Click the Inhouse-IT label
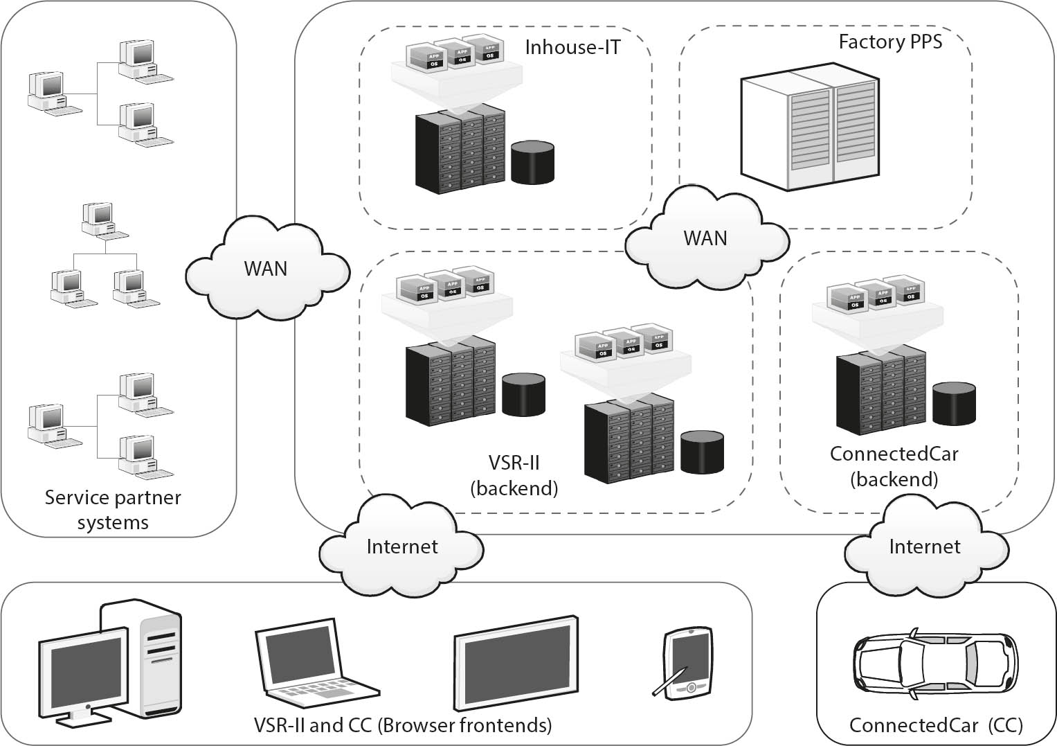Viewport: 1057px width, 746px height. point(572,47)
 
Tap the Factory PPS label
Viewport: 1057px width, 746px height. point(890,42)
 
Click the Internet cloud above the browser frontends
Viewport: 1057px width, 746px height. point(401,547)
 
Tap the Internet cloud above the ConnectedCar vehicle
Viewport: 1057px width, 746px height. point(924,547)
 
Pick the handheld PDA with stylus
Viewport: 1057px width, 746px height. point(685,661)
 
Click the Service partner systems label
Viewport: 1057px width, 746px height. point(113,510)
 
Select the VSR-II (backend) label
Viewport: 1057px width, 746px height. point(514,475)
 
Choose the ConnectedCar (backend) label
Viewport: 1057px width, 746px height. point(894,466)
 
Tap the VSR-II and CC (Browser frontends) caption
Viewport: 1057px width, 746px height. point(403,725)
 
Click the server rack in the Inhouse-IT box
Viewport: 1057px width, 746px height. point(460,149)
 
